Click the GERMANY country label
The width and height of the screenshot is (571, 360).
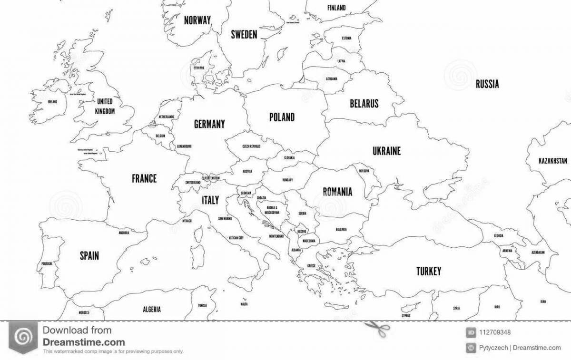point(209,124)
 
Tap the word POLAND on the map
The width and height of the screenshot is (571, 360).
point(282,117)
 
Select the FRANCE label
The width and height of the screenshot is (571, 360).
point(144,179)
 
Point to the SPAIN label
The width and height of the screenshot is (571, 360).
point(89,256)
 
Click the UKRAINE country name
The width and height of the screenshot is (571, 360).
point(386,151)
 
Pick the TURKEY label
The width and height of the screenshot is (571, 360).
point(428,272)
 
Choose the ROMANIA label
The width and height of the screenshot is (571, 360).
point(337,192)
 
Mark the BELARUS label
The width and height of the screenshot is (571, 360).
point(364,103)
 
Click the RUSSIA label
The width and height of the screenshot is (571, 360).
point(487,85)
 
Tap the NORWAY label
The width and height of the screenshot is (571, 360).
point(197,20)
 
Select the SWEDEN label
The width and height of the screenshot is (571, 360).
point(244,34)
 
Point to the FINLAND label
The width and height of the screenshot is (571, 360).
point(337,8)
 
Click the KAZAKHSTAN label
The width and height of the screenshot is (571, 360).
point(553,161)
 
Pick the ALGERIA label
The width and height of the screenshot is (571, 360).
point(151,309)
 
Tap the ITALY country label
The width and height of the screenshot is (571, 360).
point(210,200)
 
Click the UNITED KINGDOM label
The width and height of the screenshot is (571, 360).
point(105,107)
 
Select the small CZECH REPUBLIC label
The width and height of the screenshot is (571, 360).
point(251,146)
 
